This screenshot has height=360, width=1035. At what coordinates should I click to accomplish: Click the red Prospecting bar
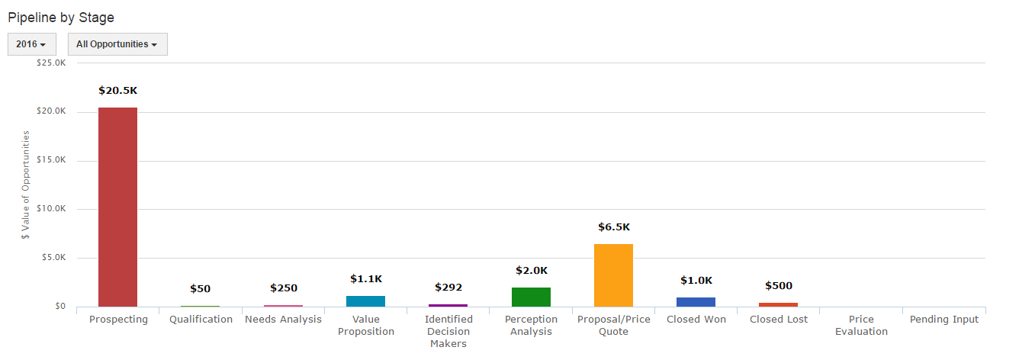pos(117,207)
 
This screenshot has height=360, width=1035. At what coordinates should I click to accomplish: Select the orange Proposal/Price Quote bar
pos(613,275)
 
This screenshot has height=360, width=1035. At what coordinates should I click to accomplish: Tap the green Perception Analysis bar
pos(531,297)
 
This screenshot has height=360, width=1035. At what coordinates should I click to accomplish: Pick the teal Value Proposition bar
pos(365,301)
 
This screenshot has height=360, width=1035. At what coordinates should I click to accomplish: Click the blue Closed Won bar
pos(696,301)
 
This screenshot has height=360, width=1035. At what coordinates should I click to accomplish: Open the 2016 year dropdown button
pos(31,44)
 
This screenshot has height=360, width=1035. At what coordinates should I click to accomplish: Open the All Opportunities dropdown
pos(117,44)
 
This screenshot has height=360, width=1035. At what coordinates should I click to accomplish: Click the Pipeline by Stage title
pos(61,17)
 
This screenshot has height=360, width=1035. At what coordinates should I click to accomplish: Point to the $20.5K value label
pos(117,90)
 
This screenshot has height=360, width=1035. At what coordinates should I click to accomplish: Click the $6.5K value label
pos(613,227)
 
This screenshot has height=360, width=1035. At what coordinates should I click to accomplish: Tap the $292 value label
pos(448,288)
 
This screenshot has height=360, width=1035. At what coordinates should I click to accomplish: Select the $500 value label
pos(778,286)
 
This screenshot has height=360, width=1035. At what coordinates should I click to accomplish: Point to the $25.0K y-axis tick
pos(51,63)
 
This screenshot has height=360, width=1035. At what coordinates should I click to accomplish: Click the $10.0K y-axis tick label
pos(51,209)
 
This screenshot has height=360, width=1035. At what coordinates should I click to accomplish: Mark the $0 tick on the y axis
pos(59,307)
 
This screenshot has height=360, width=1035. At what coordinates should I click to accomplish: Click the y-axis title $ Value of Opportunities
pos(26,185)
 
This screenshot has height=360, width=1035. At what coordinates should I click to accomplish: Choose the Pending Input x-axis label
pos(943,320)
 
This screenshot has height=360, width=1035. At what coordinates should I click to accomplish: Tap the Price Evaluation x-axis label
pos(861,326)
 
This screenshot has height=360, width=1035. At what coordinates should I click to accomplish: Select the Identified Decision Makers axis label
pos(448,331)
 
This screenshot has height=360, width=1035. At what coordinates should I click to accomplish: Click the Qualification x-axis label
pos(201,320)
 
